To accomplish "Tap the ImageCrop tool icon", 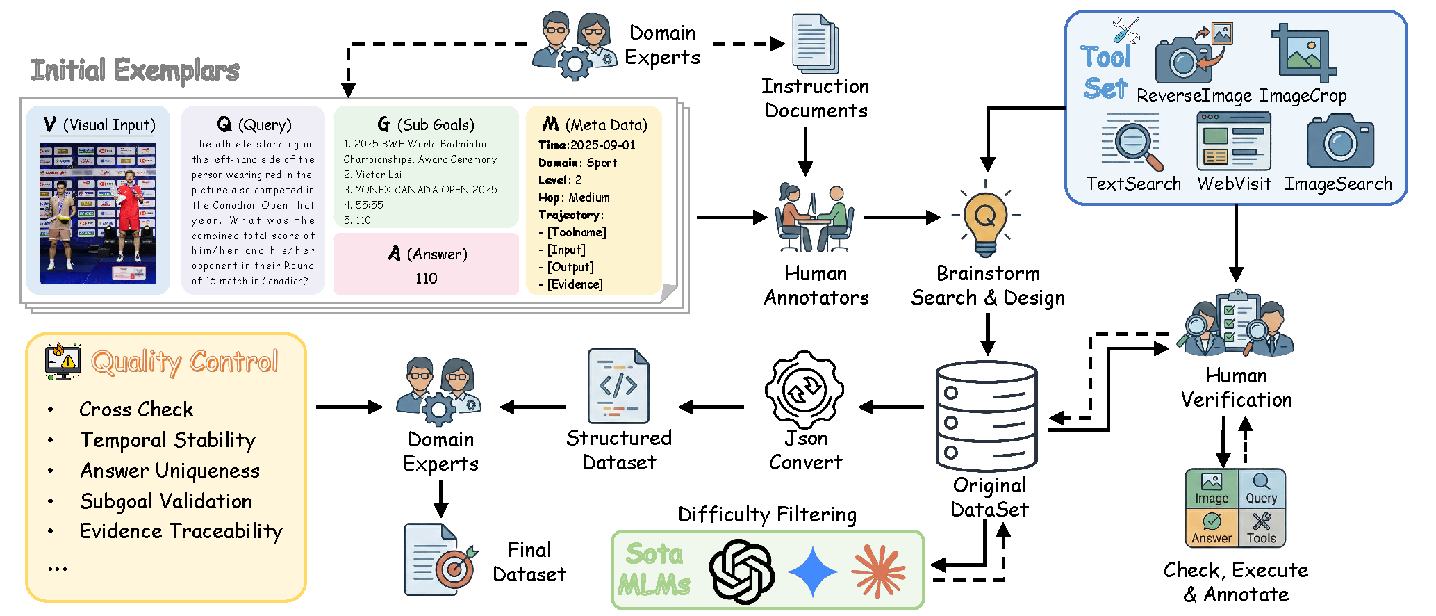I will point(1303,54).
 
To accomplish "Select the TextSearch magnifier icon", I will point(1132,143).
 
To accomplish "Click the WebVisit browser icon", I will point(1233,142).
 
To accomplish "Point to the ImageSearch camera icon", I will point(1339,142).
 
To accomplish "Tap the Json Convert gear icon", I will point(804,389).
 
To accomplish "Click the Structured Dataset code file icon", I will point(618,387).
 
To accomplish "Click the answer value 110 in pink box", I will point(426,278).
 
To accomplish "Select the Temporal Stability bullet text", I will point(167,440).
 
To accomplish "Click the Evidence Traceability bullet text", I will point(181,531).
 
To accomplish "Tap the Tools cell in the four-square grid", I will point(1262,528).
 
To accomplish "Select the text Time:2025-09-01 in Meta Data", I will point(586,145).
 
